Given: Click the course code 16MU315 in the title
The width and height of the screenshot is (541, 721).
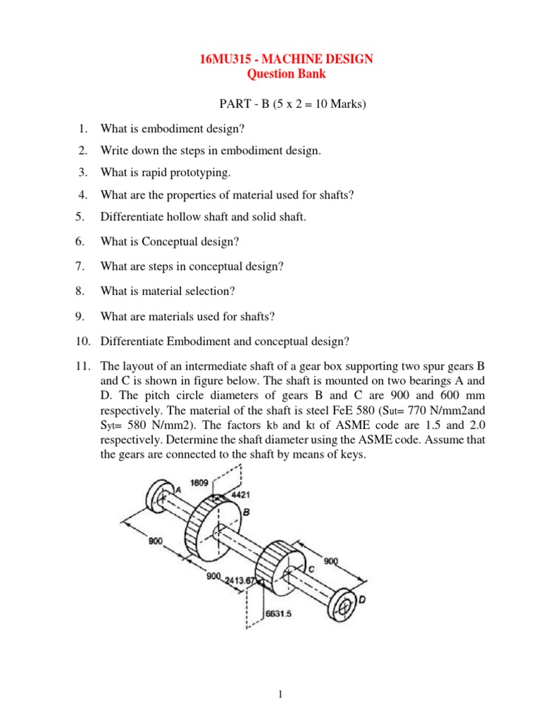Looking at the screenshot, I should [x=226, y=60].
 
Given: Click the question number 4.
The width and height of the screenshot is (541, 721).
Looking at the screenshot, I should [x=82, y=195].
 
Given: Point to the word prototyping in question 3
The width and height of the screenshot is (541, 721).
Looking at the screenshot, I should [x=197, y=173].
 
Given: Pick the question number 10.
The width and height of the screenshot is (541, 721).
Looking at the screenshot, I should [x=84, y=341].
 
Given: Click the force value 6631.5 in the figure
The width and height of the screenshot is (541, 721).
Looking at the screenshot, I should [x=278, y=613].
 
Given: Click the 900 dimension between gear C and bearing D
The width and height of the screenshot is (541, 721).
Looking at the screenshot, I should [x=330, y=561].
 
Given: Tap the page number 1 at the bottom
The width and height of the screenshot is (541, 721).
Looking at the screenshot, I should [x=280, y=695].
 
